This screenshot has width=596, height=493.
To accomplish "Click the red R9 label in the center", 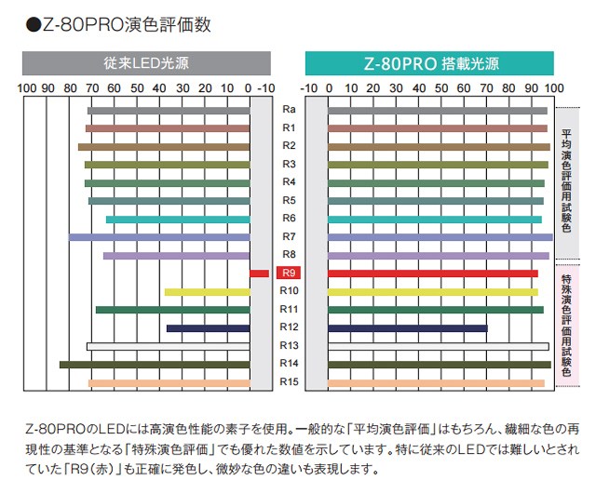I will (x=289, y=273).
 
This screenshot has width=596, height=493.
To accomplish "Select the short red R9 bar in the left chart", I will (x=259, y=273).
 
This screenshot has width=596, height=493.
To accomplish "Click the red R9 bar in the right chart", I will (x=433, y=273).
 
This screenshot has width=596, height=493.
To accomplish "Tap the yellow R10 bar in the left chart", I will (x=207, y=292).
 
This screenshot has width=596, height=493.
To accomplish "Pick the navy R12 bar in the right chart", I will (x=407, y=328).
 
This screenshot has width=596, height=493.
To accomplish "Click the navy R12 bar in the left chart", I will (x=208, y=328).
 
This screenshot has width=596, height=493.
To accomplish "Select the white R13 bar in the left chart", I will (x=168, y=346).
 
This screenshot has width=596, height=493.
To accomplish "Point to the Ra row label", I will (x=289, y=110).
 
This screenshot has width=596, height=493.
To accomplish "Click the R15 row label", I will (x=289, y=382).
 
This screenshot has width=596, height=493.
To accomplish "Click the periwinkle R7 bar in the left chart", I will (x=159, y=237).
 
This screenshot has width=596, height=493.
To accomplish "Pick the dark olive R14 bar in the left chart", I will (x=155, y=365).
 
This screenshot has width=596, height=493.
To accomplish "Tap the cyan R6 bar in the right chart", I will (x=435, y=220).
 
